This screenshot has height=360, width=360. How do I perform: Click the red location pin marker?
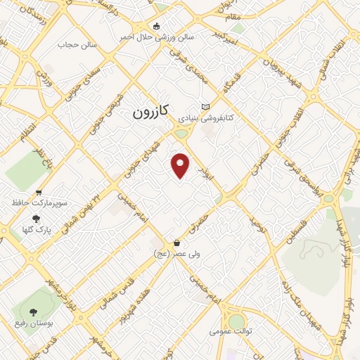point(181,165)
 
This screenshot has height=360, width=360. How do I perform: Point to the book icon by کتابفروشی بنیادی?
point(205,107)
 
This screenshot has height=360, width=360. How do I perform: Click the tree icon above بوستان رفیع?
point(32,311)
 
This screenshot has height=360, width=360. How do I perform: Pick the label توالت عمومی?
point(233,330)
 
